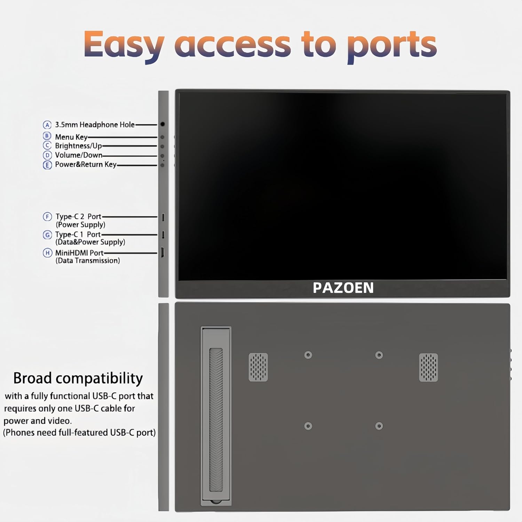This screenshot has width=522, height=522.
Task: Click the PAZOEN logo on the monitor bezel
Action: [x=343, y=288]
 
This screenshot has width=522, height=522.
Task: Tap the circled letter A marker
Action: [x=47, y=125]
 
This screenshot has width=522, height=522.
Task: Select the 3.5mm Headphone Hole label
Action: [x=95, y=125]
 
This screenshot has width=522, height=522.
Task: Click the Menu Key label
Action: [x=71, y=137]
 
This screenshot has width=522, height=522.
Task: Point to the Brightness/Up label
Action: [x=78, y=146]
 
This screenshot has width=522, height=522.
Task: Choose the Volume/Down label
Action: [x=79, y=155]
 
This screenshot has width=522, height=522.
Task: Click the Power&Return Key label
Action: [x=86, y=165]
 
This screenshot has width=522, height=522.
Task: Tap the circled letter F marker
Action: [x=47, y=217]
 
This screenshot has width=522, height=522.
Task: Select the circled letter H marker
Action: [x=47, y=253]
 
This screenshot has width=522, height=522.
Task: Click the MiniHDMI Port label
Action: [x=79, y=253]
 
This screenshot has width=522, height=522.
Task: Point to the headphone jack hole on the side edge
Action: [x=163, y=124]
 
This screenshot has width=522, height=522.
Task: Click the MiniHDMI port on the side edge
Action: [x=163, y=253]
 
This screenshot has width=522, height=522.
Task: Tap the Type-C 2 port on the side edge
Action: [x=163, y=217]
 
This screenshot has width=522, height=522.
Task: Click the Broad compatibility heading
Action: [x=78, y=378]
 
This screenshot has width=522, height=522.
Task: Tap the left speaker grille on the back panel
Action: [x=258, y=367]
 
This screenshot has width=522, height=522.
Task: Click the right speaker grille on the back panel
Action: [x=428, y=367]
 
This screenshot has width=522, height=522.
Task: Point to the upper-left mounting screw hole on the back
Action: [x=308, y=355]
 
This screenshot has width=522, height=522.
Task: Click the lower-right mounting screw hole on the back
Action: [x=379, y=426]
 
